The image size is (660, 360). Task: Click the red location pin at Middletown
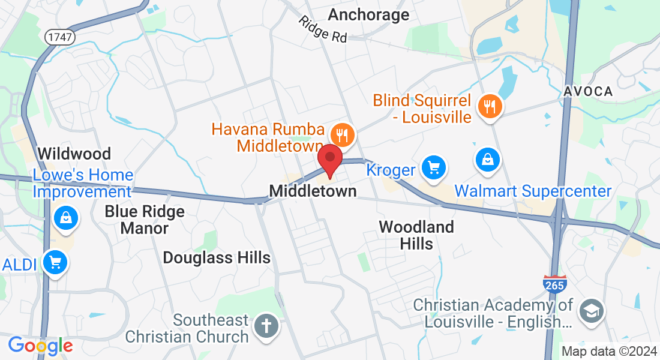[329, 159]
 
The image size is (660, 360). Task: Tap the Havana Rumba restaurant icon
[343, 134]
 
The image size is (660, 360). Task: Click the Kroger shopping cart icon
[433, 167]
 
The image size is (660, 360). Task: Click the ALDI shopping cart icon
[55, 262]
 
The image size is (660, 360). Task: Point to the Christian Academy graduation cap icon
[591, 310]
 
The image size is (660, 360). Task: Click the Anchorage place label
[369, 14]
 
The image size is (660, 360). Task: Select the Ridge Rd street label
[323, 29]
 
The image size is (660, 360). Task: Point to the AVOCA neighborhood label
[588, 91]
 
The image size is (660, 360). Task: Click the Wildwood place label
[74, 154]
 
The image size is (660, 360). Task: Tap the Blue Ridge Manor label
[145, 220]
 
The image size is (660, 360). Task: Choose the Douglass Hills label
[217, 257]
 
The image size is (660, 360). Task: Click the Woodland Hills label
[416, 235]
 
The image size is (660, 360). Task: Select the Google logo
[40, 346]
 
